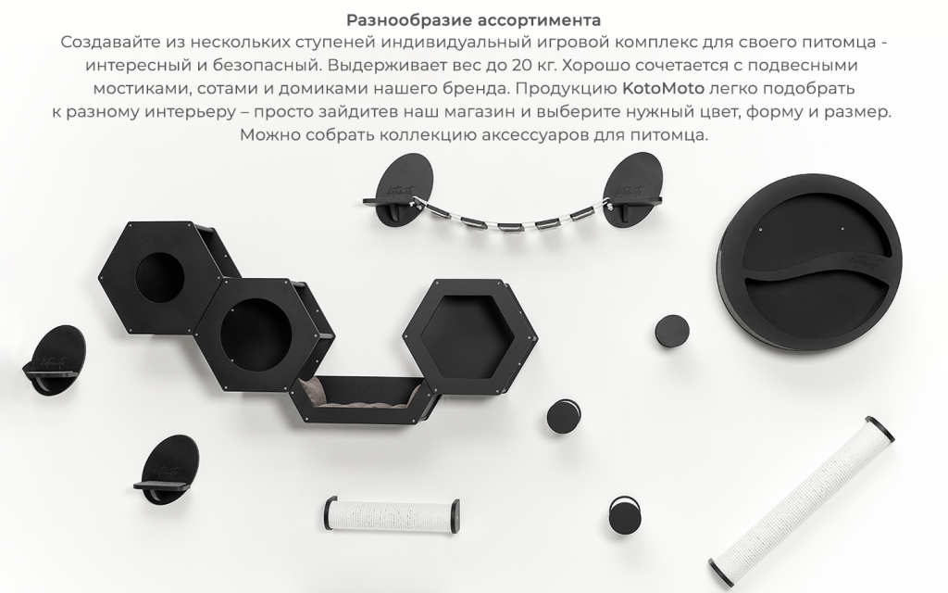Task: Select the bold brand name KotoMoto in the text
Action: [663, 88]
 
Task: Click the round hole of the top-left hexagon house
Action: [159, 275]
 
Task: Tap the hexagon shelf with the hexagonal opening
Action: [470, 335]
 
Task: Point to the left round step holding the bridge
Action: [398, 190]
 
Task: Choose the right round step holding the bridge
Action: [633, 190]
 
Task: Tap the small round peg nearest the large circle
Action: [672, 332]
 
